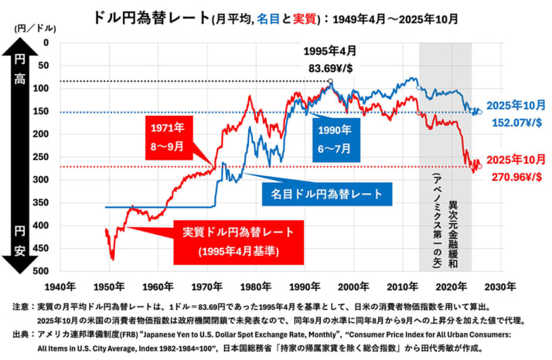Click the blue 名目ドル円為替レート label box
pos(329,193)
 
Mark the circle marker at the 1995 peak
pos(331,81)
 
